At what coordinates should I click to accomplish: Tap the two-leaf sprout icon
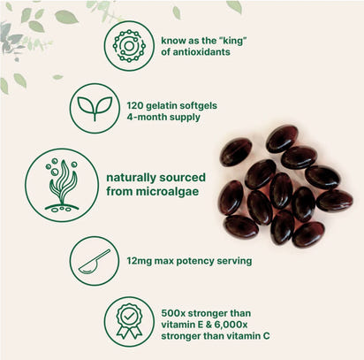coord(94,108)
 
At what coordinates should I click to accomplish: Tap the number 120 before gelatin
coord(145,101)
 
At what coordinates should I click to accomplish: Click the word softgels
coord(217,101)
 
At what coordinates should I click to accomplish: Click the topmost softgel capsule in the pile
coord(281,137)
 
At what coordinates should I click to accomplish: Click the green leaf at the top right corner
coord(234,6)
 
